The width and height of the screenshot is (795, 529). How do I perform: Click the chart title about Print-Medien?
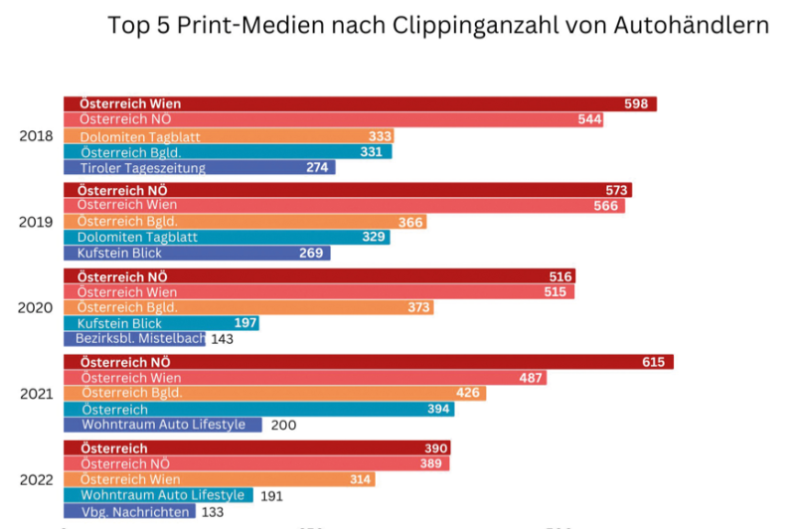tap(437, 26)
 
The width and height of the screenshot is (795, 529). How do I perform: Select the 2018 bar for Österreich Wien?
tap(360, 103)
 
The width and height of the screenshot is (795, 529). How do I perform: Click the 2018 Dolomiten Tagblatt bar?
tap(229, 136)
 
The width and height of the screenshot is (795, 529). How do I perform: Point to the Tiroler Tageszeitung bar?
tap(199, 168)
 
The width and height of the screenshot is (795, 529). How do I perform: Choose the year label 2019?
tap(37, 222)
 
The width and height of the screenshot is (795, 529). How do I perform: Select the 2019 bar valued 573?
tap(348, 190)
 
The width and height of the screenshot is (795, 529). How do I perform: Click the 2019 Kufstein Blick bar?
tap(197, 254)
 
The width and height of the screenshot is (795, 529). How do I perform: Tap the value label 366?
tap(411, 222)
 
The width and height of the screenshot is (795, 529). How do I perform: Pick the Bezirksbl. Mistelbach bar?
tap(135, 339)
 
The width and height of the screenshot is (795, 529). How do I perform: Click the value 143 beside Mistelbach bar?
tap(222, 339)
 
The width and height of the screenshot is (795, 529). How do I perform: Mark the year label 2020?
tap(37, 307)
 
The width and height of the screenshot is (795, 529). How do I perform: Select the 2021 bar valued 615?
tap(368, 361)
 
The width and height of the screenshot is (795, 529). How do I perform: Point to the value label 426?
tap(468, 393)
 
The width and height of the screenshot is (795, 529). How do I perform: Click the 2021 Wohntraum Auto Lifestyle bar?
tap(163, 425)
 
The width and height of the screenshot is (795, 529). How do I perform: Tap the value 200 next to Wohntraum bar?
tap(283, 425)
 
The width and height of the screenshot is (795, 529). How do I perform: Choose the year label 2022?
tap(37, 479)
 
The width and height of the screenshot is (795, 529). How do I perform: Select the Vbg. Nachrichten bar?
tap(129, 511)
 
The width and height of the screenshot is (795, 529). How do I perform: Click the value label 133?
tap(211, 512)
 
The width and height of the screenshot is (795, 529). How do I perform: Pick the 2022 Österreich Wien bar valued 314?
tap(219, 479)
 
